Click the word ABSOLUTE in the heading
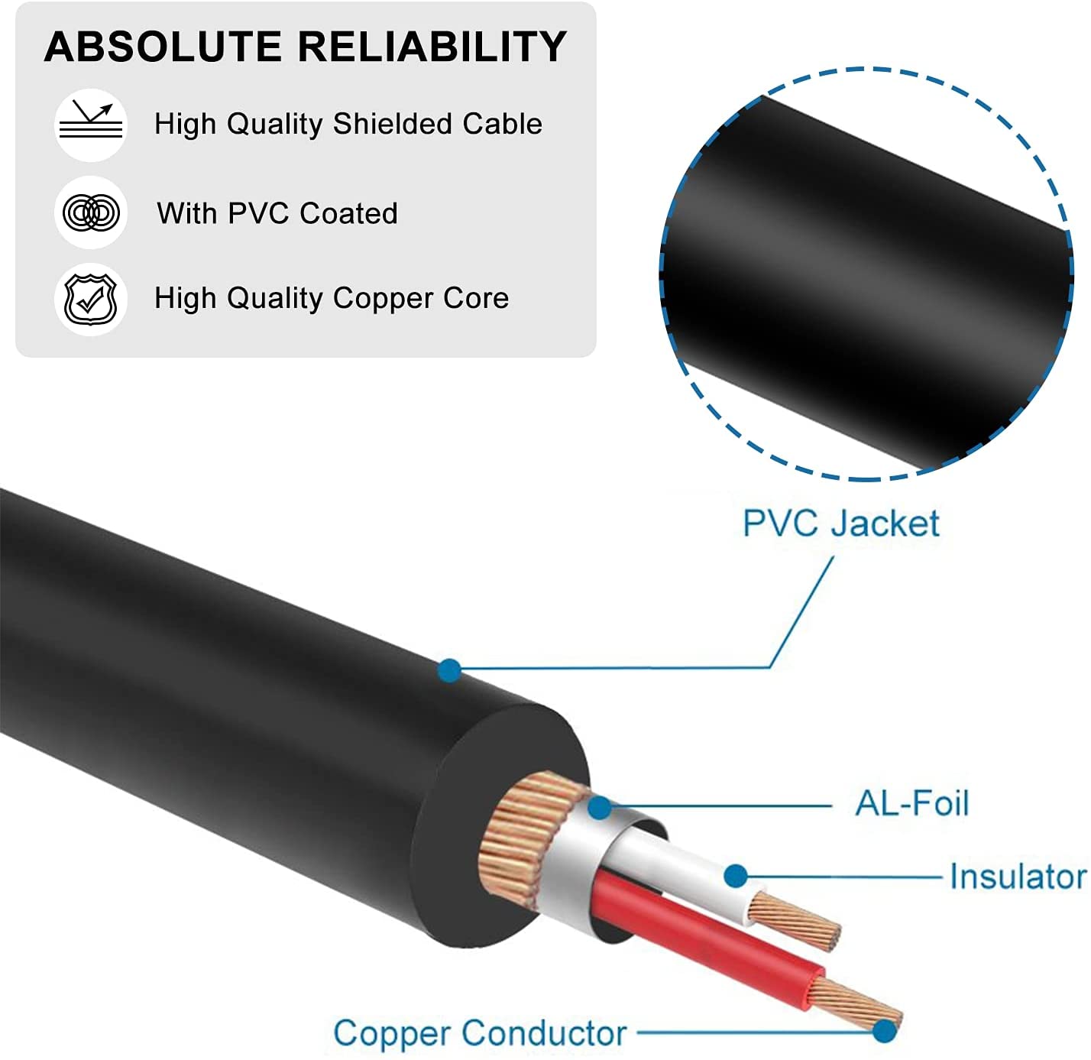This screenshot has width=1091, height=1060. point(163,47)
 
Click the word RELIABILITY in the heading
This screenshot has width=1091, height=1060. point(432,47)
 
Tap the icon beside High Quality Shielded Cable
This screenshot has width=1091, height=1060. point(91,124)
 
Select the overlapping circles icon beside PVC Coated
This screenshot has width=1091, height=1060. point(91,212)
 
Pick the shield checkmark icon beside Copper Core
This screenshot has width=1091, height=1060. point(91,298)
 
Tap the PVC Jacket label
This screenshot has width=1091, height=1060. point(840,524)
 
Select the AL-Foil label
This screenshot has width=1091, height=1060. point(911,803)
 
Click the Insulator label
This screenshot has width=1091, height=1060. point(1017,877)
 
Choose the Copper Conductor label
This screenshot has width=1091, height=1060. point(480,1033)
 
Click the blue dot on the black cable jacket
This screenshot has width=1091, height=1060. point(450,670)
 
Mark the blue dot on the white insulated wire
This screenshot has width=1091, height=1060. point(735,876)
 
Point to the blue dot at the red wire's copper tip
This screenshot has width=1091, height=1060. point(884,1031)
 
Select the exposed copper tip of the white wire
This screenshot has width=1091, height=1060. point(795,921)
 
